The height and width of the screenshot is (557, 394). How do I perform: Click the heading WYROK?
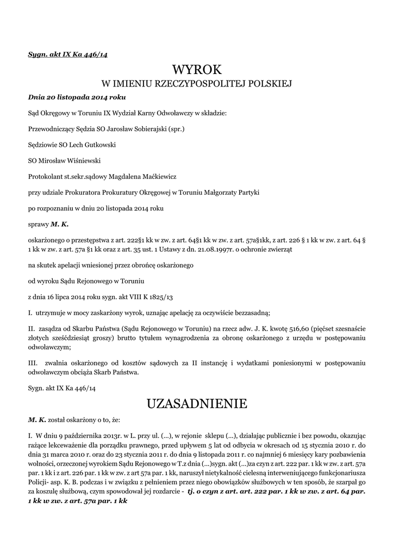pyautogui.click(x=197, y=70)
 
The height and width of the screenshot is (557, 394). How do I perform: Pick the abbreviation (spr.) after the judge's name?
pyautogui.click(x=177, y=129)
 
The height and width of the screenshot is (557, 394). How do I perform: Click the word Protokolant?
pyautogui.click(x=45, y=176)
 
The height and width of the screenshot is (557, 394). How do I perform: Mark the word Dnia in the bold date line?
pyautogui.click(x=36, y=97)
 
